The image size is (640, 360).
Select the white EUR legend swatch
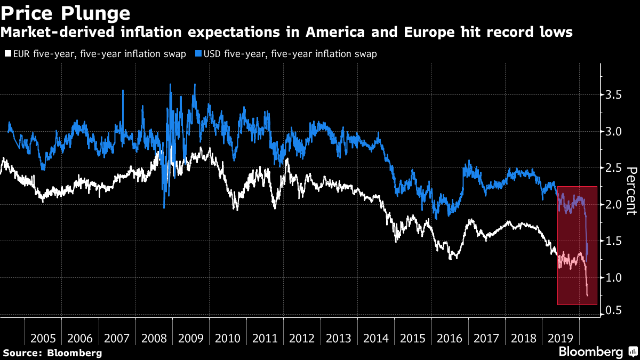6,54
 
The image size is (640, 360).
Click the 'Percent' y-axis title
631,190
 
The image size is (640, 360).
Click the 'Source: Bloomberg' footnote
52,353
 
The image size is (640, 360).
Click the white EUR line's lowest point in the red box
588,295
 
